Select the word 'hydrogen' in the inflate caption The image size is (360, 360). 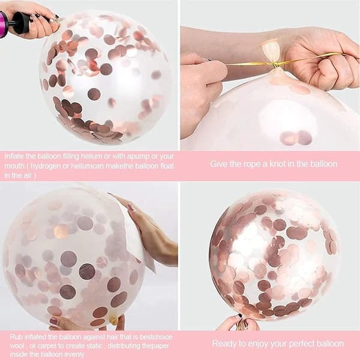pos(45,166)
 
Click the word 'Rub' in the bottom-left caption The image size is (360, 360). pos(16,337)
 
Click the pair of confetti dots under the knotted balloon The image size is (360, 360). pos(296,138)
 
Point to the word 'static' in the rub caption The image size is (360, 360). pos(94,346)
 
